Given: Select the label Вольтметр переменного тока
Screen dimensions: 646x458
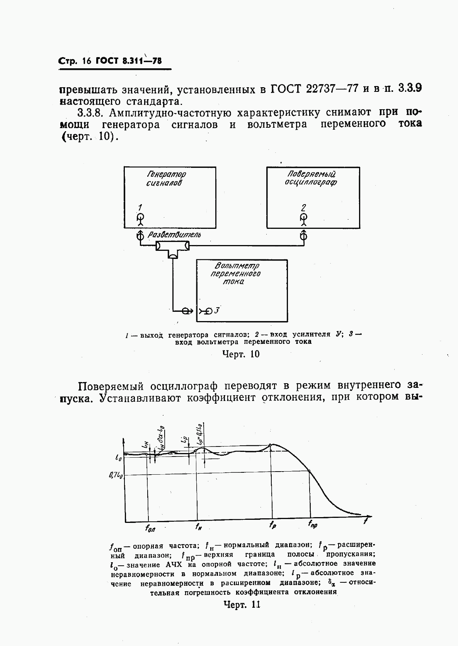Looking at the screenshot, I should click(x=236, y=274).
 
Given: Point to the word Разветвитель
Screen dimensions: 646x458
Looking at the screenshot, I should click(x=175, y=235).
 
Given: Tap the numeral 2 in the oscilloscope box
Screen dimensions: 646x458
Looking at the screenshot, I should click(x=303, y=208).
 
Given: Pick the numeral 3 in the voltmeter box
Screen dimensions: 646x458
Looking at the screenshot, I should click(x=217, y=310).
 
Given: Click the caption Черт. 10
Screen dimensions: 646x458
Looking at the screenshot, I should click(x=241, y=354).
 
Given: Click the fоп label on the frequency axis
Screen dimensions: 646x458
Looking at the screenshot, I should click(x=150, y=529).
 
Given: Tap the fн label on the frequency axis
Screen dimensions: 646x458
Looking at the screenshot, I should click(x=199, y=526).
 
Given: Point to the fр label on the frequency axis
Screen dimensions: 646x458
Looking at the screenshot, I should click(x=273, y=525).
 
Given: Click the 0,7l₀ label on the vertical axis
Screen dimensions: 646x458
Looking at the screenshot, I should click(x=116, y=475).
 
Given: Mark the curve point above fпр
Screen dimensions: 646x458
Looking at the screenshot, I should click(x=309, y=470).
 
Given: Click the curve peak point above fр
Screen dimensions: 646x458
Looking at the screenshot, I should click(x=271, y=445).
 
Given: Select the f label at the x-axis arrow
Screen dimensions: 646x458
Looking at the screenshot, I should click(x=366, y=522).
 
